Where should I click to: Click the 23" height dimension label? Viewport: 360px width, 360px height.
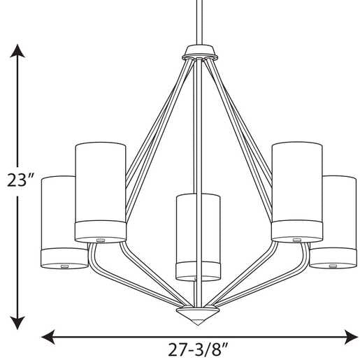(x=20, y=180)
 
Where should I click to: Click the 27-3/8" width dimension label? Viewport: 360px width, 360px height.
(x=198, y=350)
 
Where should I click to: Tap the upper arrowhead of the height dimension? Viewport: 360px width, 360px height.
(x=17, y=51)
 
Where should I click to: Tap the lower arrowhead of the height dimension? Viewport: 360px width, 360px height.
(x=17, y=322)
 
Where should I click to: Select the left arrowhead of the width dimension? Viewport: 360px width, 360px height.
(x=48, y=337)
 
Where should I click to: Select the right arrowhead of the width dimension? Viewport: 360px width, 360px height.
(x=351, y=337)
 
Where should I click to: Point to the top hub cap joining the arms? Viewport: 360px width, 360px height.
(x=200, y=52)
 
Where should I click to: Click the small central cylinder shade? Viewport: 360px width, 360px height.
(x=198, y=237)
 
